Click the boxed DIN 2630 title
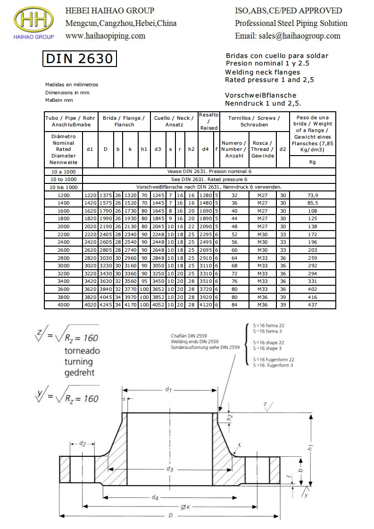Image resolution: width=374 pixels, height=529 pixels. point(79,58)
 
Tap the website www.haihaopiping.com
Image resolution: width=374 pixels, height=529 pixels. point(105,35)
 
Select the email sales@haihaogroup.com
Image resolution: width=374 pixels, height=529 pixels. point(287,35)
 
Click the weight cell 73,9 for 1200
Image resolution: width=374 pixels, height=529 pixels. point(312,195)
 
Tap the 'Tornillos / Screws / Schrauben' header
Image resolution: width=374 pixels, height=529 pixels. point(254,121)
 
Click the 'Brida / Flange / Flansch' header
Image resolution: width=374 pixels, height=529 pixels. point(124,121)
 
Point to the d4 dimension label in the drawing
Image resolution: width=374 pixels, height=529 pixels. point(155,498)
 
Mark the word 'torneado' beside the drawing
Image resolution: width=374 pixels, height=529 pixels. point(82,351)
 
